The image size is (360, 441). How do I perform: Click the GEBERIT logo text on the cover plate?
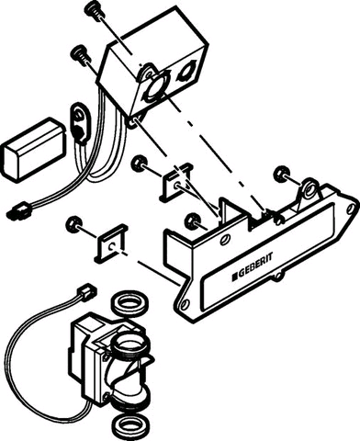point(253,266)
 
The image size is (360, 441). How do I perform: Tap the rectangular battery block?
point(34,149)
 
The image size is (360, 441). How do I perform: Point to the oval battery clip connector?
point(81,122)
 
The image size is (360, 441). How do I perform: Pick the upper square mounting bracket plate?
point(176,182)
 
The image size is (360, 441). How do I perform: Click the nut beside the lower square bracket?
point(73,224)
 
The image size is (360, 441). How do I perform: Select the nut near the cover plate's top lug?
point(282,174)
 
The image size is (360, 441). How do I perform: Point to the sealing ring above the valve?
point(131,304)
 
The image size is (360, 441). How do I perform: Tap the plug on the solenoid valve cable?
point(87,291)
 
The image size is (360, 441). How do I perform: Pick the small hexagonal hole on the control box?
point(186,72)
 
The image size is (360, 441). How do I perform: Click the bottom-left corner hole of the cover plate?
point(184,304)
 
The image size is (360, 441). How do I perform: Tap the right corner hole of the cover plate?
point(351,209)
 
